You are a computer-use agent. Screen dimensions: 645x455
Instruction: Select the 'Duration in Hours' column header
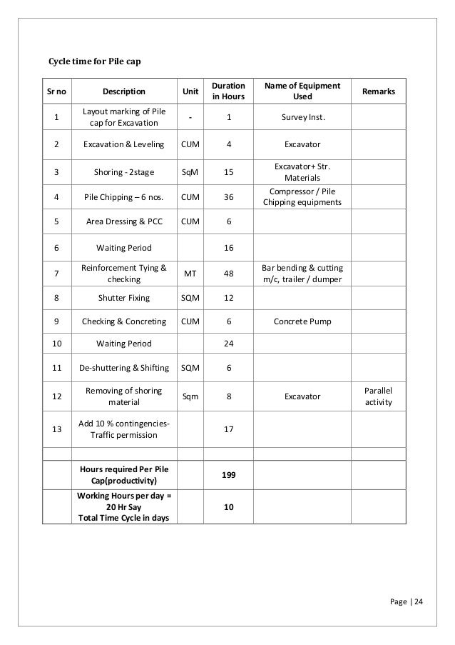coord(229,90)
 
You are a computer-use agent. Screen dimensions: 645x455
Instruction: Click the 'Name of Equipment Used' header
coord(302,90)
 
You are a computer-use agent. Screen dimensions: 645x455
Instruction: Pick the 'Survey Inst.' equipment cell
coord(302,117)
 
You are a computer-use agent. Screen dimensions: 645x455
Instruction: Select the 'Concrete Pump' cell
coord(302,321)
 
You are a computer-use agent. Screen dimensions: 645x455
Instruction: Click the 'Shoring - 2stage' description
coord(124,171)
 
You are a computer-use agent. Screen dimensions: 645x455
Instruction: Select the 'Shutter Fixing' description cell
coord(124,297)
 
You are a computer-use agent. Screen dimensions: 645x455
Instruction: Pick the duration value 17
coord(229,429)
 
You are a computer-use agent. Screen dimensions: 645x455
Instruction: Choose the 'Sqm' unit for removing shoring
coord(190,396)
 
